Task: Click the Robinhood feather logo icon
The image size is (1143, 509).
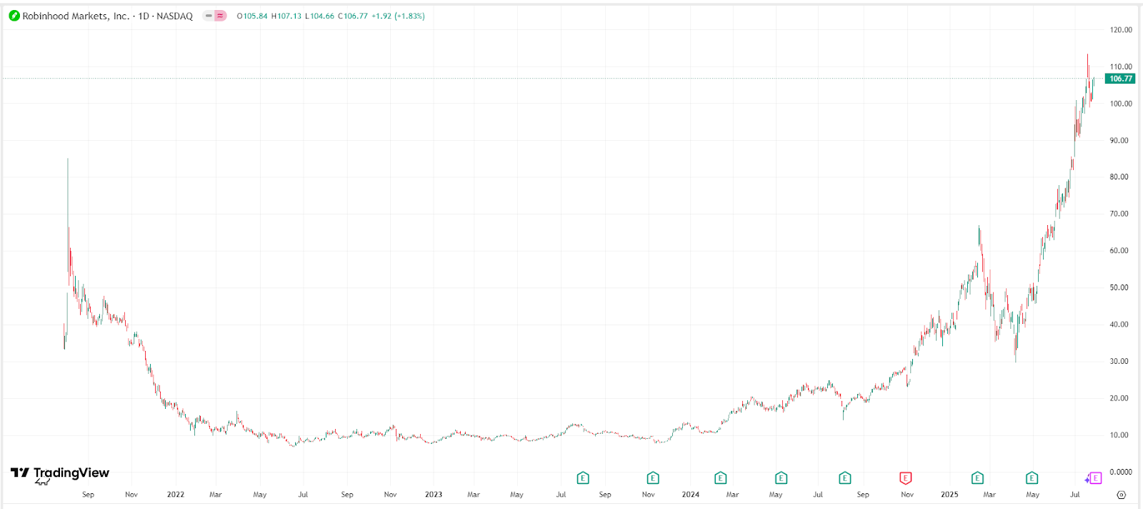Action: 14,16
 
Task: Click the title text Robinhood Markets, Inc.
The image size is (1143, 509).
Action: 76,16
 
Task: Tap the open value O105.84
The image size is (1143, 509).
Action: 252,16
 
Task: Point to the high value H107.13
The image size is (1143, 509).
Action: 286,16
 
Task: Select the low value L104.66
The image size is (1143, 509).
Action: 319,16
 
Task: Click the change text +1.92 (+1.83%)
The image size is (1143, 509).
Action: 398,16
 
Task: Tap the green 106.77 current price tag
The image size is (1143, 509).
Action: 1120,79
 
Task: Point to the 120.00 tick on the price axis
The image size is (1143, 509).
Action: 1121,30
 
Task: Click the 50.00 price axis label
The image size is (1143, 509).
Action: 1119,287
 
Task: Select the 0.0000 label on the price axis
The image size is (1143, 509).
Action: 1121,472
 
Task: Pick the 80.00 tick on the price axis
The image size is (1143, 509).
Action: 1119,177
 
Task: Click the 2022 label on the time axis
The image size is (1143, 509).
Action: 176,495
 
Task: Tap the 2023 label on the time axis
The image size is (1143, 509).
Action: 434,495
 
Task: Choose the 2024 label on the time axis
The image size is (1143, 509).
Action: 691,495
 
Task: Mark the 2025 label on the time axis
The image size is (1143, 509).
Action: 949,495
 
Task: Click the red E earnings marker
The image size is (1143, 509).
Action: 905,478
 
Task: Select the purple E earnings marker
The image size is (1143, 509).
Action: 1095,478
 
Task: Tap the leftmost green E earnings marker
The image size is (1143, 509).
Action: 583,478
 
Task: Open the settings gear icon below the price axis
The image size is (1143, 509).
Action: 1121,495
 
